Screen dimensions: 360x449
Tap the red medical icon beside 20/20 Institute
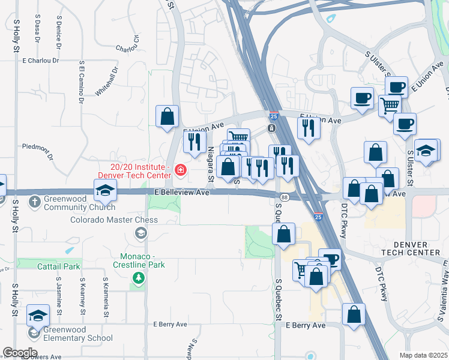click(181, 171)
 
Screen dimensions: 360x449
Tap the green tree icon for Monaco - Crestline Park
click(139, 277)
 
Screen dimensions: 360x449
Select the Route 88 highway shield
click(284, 197)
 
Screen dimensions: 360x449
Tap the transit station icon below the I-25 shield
click(271, 128)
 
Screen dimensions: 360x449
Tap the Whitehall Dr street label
click(107, 82)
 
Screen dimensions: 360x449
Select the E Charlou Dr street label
click(41, 61)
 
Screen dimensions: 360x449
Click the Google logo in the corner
click(20, 353)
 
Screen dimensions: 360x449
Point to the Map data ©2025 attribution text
click(423, 355)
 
